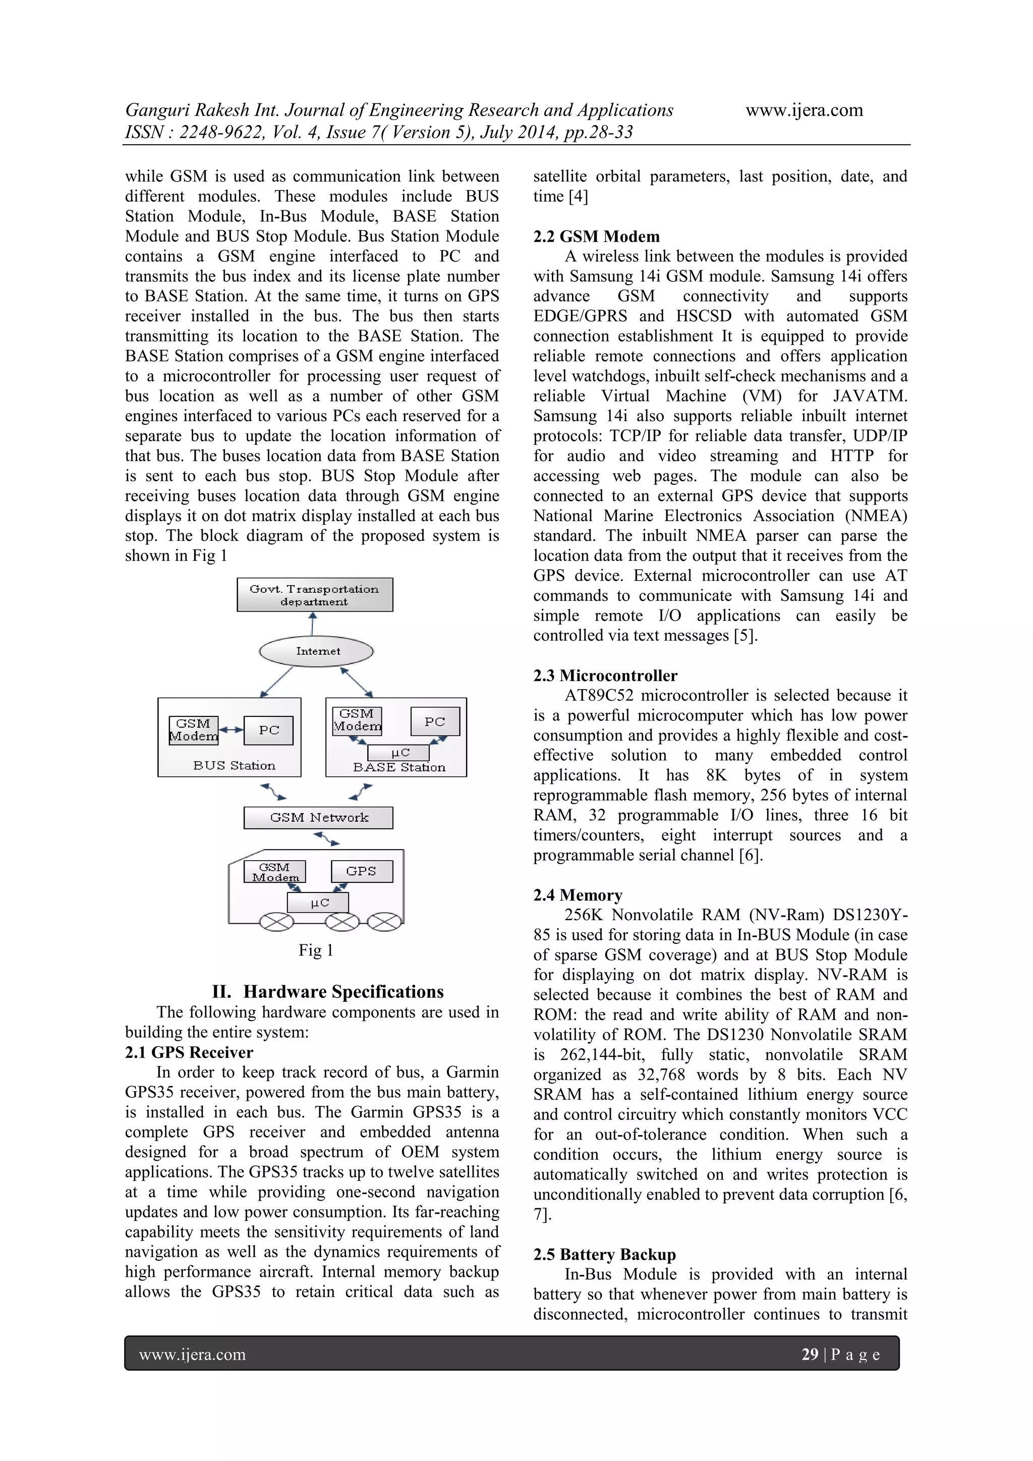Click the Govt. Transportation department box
click(x=314, y=594)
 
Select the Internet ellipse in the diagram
click(x=316, y=651)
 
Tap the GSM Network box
click(x=318, y=817)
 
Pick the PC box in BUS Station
click(x=268, y=730)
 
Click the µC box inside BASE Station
click(x=399, y=752)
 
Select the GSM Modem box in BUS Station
click(x=193, y=730)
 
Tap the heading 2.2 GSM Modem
click(x=596, y=236)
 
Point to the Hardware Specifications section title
click(x=343, y=991)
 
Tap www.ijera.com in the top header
click(x=804, y=110)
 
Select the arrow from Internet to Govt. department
click(x=313, y=624)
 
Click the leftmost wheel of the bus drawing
click(x=276, y=921)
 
